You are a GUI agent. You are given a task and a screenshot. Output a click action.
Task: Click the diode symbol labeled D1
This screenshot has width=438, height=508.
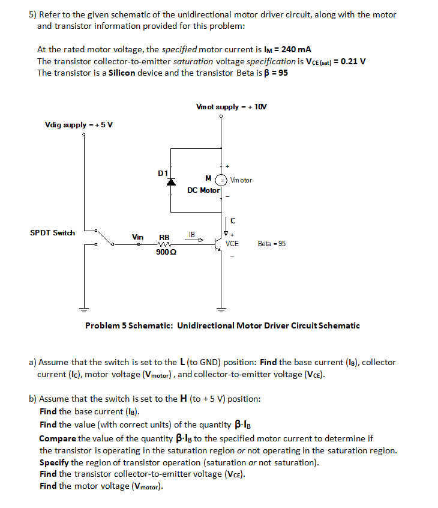click(171, 182)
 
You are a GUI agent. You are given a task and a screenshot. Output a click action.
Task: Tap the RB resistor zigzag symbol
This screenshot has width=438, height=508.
click(164, 244)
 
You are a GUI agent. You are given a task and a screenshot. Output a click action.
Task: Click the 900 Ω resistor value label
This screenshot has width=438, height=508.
click(165, 252)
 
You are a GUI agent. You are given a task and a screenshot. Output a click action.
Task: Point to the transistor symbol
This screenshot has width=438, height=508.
click(218, 244)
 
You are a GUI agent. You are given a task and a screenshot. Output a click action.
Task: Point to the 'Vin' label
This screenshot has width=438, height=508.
click(137, 237)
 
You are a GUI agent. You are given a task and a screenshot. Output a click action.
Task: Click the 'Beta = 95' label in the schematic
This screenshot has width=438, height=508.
click(272, 244)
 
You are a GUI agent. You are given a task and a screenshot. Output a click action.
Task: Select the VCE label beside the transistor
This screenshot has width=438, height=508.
click(232, 244)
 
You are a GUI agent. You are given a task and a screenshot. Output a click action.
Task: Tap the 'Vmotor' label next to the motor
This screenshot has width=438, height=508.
click(241, 180)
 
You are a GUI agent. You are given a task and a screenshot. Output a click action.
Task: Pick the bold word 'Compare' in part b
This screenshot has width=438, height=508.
click(58, 438)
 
